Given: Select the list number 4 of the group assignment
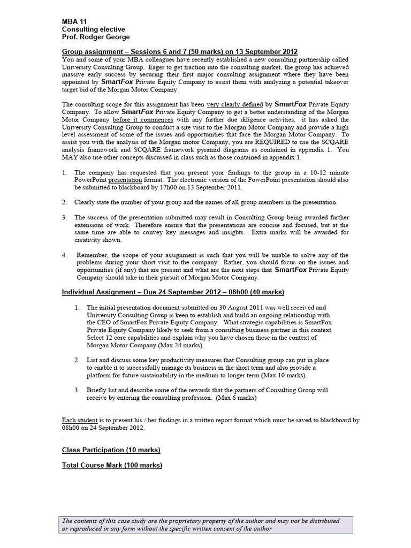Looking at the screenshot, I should (x=64, y=255).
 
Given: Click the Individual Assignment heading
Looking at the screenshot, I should (x=173, y=292).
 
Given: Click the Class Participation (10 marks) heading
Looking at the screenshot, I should (x=111, y=450).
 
